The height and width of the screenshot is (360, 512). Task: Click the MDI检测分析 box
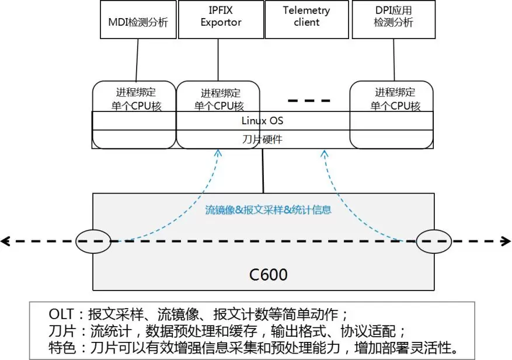(138, 20)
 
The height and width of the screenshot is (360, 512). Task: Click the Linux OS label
(262, 121)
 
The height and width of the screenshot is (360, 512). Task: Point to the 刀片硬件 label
(262, 139)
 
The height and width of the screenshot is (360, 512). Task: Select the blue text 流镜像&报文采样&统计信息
(268, 209)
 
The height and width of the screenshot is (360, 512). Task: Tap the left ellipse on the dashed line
(93, 241)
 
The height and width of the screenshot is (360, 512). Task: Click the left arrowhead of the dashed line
(5, 240)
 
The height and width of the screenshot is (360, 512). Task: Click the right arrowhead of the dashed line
(506, 240)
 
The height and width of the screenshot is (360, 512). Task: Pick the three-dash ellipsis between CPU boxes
(309, 100)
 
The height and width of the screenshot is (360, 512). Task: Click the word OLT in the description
(61, 314)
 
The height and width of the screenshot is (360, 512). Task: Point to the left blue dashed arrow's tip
(218, 151)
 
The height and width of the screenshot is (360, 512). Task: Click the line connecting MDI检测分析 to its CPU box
(137, 60)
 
